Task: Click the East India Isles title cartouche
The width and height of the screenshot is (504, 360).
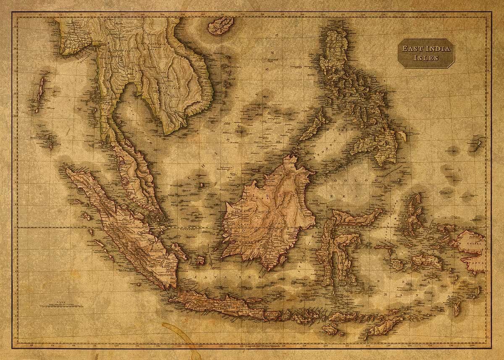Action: coord(426,53)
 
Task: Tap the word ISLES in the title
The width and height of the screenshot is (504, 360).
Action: coord(426,58)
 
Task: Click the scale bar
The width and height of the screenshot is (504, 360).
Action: coord(61,305)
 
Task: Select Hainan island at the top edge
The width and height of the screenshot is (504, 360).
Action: coord(220,25)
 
